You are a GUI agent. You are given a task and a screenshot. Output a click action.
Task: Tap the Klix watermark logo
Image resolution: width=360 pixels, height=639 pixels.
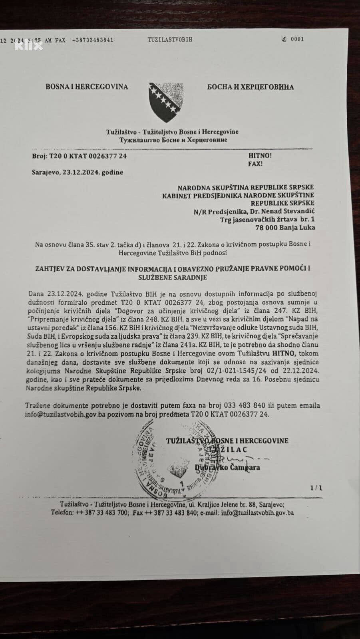click(x=28, y=46)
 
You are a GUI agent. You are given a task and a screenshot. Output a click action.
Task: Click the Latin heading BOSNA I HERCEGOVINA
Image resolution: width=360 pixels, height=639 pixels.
click(x=87, y=87)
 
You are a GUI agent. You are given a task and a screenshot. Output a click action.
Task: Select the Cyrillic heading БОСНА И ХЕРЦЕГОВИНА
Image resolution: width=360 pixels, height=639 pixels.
click(x=251, y=87)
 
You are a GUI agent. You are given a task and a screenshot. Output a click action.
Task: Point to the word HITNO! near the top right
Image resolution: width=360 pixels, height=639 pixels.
click(x=260, y=155)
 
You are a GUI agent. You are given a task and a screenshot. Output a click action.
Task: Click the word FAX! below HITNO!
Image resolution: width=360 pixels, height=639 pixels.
click(x=256, y=164)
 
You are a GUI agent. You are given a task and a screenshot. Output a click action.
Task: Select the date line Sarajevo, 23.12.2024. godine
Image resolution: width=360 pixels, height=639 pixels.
click(x=78, y=173)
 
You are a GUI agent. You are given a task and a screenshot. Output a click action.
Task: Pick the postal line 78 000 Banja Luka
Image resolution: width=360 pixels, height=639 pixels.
click(x=285, y=228)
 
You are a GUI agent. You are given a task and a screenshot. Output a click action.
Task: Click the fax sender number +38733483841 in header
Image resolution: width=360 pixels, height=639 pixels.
click(x=93, y=40)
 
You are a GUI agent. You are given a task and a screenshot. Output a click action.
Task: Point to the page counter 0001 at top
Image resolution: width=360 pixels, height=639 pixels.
click(x=297, y=39)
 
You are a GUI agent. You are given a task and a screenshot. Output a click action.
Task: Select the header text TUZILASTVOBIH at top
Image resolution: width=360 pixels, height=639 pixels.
click(x=170, y=40)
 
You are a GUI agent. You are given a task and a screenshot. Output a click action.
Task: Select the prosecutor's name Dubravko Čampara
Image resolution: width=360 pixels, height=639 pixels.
click(x=228, y=467)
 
